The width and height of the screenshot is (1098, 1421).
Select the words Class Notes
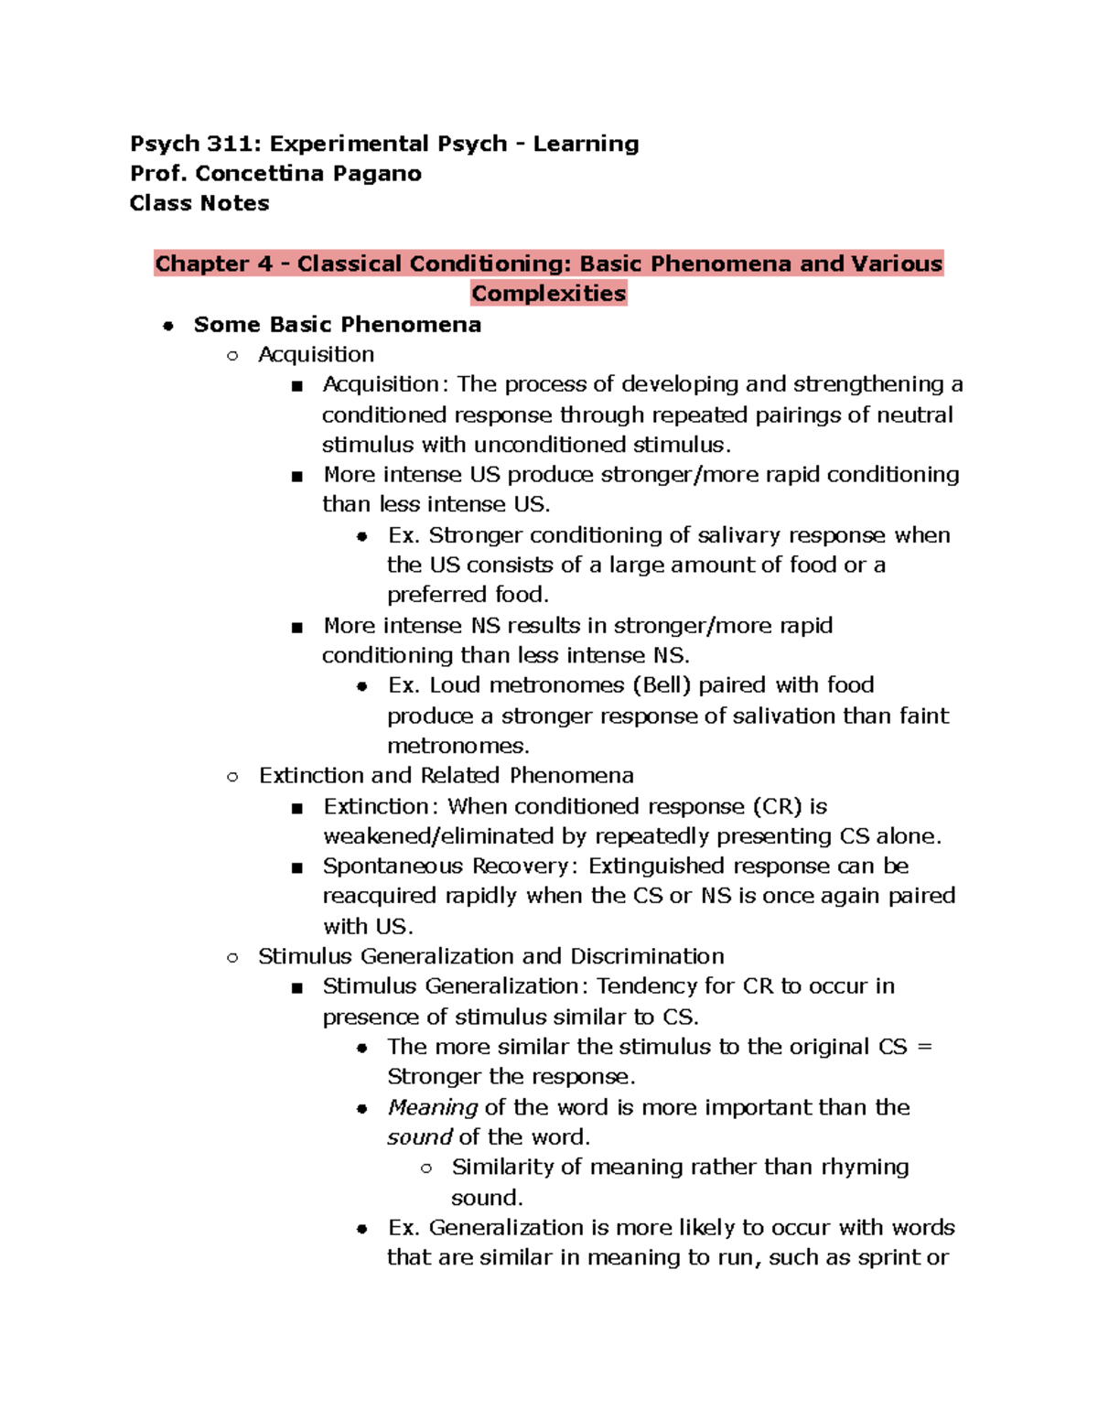[x=199, y=203]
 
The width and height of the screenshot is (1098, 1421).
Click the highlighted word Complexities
[x=549, y=294]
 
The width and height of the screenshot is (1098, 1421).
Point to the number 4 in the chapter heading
[x=265, y=264]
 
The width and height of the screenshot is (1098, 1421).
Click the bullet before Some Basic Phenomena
[x=168, y=326]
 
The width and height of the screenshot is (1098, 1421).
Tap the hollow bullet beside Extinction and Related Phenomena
[x=232, y=777]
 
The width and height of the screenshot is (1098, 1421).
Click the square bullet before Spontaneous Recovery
[x=296, y=867]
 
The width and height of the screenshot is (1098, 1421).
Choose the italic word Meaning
[x=432, y=1108]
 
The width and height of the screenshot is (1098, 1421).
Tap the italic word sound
[x=419, y=1137]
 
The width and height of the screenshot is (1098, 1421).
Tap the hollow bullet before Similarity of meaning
[x=425, y=1168]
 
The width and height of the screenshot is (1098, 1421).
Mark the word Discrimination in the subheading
[x=647, y=956]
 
